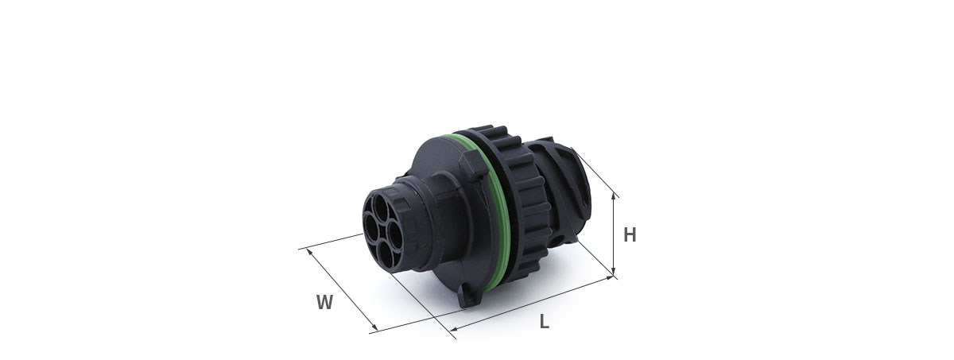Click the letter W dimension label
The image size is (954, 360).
pos(324,302)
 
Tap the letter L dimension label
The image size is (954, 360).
pos(545,321)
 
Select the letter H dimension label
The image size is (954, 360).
pos(630,235)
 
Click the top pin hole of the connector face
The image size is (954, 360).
pos(380,205)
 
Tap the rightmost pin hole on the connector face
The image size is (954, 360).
pos(395,235)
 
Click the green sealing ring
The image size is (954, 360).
pos(494,213)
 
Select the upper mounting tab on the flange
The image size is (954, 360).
pos(473,166)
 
